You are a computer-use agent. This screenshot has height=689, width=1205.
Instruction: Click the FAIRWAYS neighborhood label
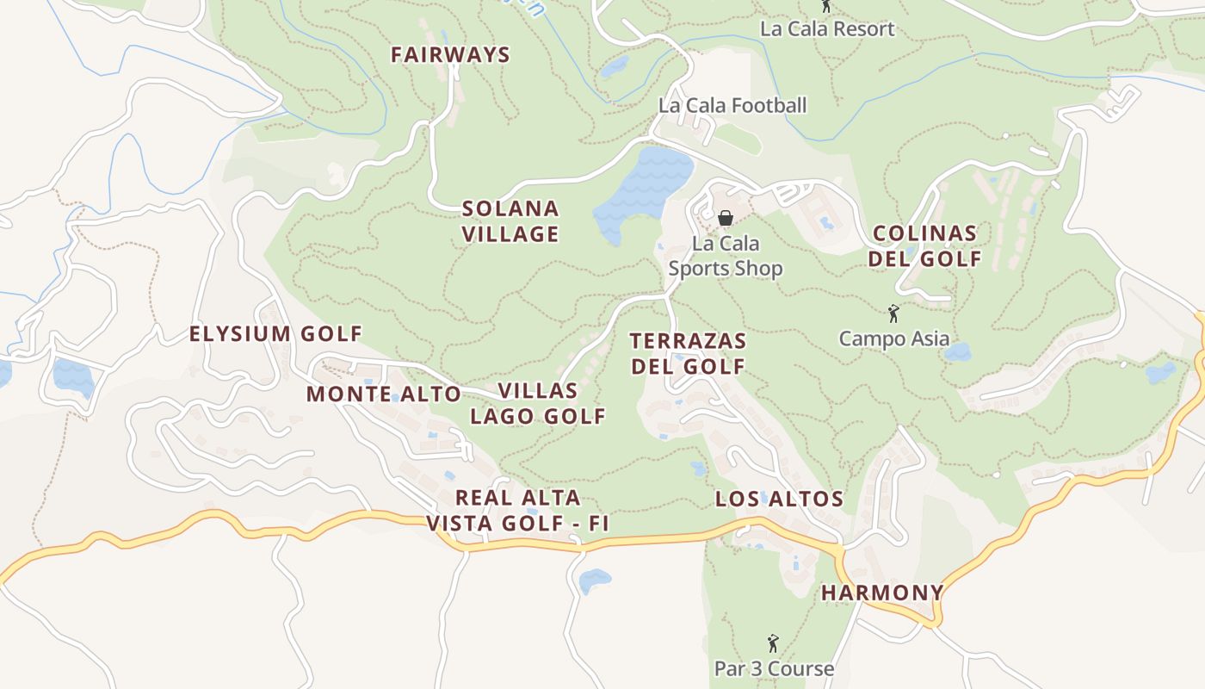[450, 55]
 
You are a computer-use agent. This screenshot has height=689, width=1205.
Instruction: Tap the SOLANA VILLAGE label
[510, 221]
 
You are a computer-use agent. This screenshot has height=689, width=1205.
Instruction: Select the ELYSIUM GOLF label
[275, 334]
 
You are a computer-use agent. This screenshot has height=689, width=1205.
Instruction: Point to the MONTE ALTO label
[384, 394]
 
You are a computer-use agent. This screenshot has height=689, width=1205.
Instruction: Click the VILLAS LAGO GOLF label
[538, 403]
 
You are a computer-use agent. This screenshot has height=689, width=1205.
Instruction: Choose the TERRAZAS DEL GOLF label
[688, 353]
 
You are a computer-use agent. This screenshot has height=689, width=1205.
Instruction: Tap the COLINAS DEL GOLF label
[924, 246]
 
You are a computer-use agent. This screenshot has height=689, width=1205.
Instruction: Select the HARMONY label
[882, 593]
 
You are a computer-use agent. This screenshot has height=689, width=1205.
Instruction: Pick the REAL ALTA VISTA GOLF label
[517, 511]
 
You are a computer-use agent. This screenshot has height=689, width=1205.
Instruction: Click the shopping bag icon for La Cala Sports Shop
[726, 219]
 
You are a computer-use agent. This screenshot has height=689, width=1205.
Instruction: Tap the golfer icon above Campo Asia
[893, 313]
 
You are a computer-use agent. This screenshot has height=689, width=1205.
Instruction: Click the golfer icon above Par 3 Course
[773, 643]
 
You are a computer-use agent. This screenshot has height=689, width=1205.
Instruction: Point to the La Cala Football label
[732, 105]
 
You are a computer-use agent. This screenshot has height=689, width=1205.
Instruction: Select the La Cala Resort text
[827, 28]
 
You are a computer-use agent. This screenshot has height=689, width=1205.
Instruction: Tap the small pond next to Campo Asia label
[957, 351]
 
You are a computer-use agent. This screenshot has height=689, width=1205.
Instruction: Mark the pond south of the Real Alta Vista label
[594, 580]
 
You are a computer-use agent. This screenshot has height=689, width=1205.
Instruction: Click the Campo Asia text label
[894, 338]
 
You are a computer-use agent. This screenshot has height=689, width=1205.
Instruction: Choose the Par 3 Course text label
[774, 668]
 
